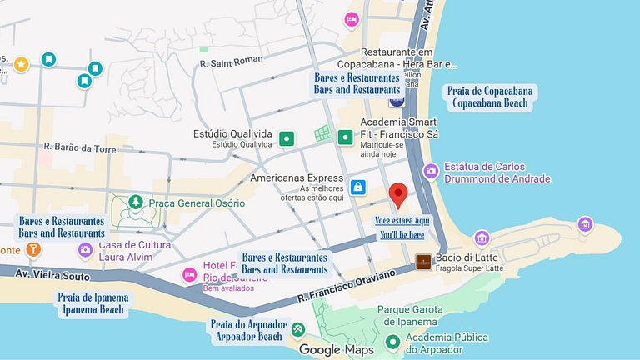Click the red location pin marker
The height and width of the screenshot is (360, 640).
pyautogui.click(x=398, y=194)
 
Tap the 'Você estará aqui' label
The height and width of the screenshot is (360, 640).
pyautogui.click(x=402, y=220)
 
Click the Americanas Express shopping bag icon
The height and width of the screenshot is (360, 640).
pyautogui.click(x=358, y=187)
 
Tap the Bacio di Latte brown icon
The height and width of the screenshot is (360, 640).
pyautogui.click(x=423, y=262)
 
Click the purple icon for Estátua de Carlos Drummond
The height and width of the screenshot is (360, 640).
pyautogui.click(x=431, y=171)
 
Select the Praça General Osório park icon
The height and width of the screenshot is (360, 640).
pyautogui.click(x=134, y=202)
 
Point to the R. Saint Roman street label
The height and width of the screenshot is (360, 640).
pyautogui.click(x=231, y=60)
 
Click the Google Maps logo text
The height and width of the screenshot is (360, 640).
pyautogui.click(x=337, y=350)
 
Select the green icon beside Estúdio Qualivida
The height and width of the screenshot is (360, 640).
pyautogui.click(x=287, y=138)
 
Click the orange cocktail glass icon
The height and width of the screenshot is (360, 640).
pyautogui.click(x=32, y=249)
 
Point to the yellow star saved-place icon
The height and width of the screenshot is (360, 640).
pyautogui.click(x=22, y=63)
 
